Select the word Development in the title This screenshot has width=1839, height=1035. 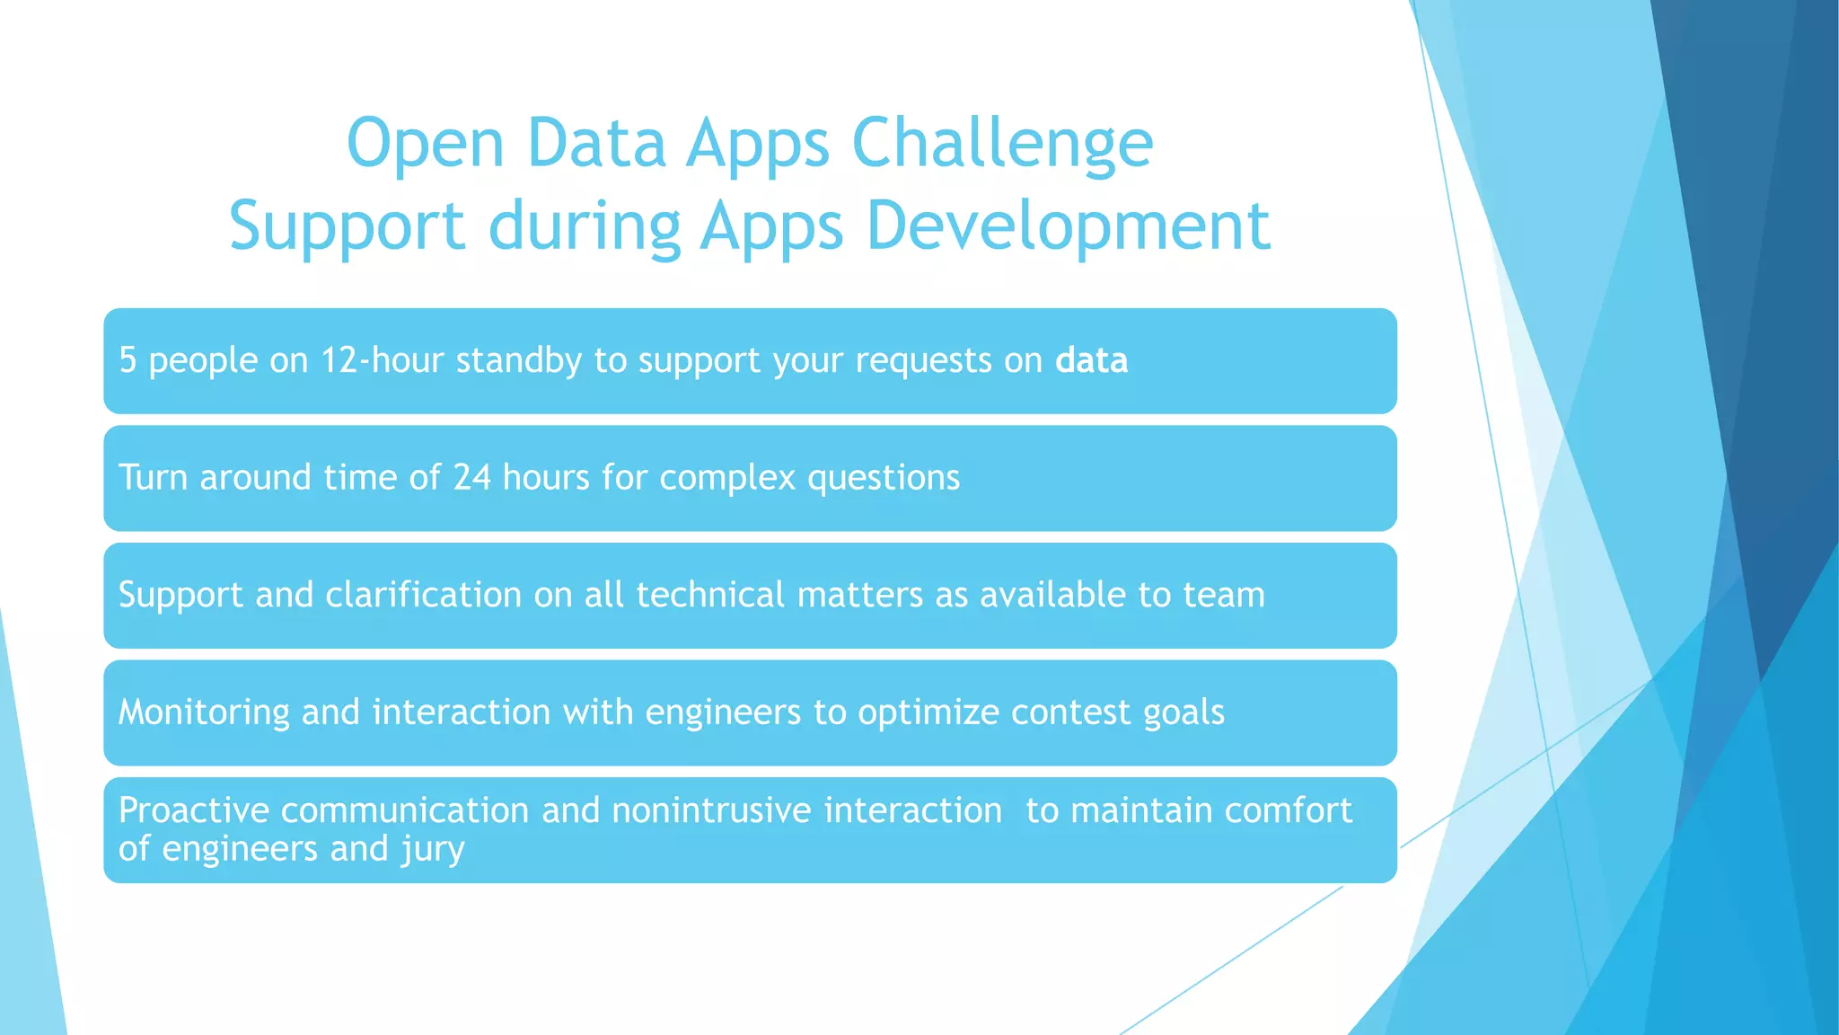(x=1068, y=226)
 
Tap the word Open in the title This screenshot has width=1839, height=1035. (x=425, y=144)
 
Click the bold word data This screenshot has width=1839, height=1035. (x=1091, y=360)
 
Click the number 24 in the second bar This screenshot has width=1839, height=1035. (x=471, y=477)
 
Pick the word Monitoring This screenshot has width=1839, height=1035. (x=204, y=712)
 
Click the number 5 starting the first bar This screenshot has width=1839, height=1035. (x=128, y=360)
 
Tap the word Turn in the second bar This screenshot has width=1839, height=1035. (x=153, y=477)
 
